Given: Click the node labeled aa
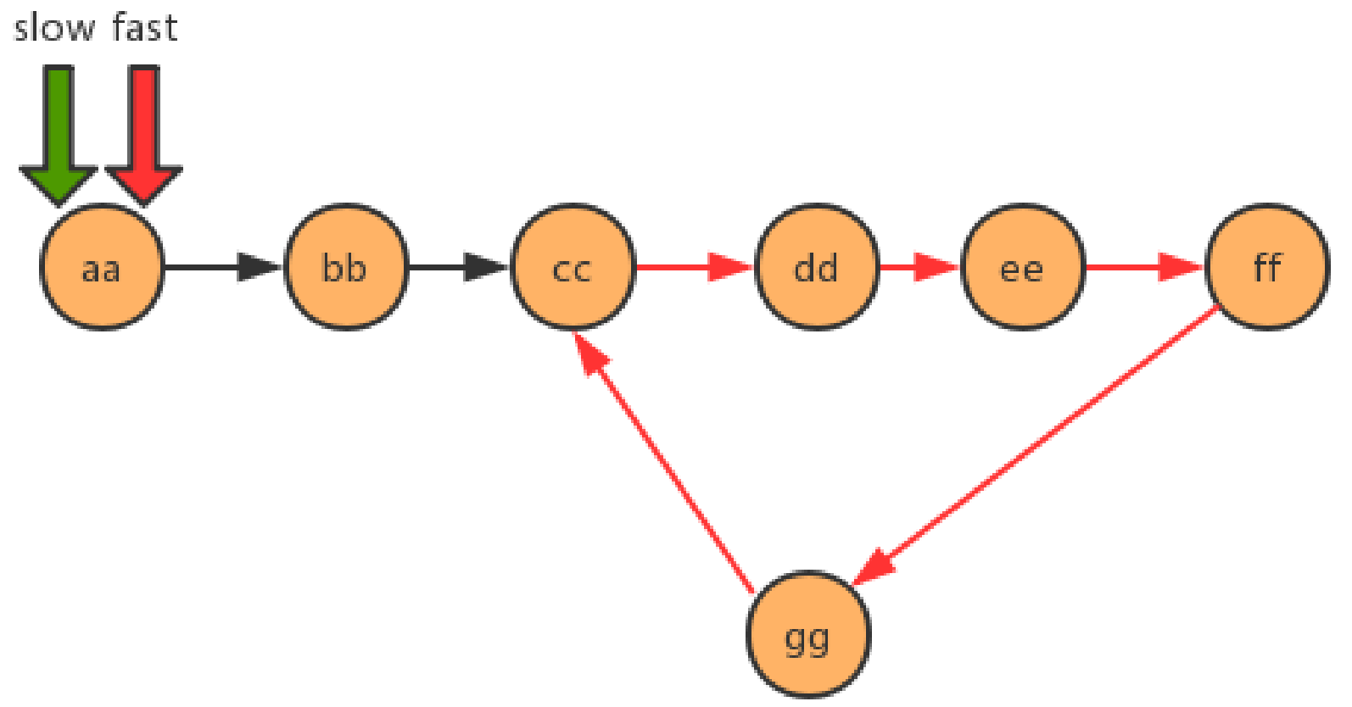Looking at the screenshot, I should pos(102,268).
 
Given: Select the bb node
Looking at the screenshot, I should pos(345,268).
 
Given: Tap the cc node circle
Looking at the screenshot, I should pos(573,268).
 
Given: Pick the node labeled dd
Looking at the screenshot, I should pos(816,268).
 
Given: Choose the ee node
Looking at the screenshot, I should pos(1022,268).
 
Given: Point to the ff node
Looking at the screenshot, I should pos(1267,268).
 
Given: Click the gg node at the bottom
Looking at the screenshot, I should pos(808,636).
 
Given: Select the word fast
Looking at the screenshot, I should pos(144,28).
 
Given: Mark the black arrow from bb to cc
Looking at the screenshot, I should pos(458,268).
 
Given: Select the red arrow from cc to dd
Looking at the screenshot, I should pos(694,268).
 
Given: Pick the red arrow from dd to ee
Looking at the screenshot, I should pos(919,268).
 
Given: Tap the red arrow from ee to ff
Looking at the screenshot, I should pos(1143,268).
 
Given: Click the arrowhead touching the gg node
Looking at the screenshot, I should pos(874,565).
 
